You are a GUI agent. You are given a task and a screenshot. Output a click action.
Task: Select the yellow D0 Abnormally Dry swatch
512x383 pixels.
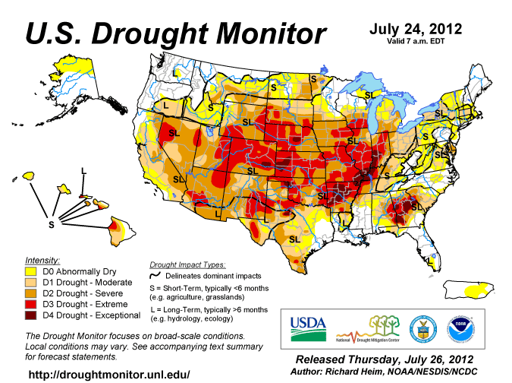(x=32, y=271)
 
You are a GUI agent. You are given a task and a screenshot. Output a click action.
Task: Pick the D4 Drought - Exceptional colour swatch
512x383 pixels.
(x=32, y=315)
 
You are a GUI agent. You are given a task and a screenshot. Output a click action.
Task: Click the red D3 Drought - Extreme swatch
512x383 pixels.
(x=32, y=304)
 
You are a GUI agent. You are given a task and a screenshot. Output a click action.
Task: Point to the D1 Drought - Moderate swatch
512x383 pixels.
(x=32, y=282)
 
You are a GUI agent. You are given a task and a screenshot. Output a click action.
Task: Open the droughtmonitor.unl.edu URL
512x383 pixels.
(x=109, y=375)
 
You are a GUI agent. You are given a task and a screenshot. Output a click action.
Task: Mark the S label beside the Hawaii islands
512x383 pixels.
(x=51, y=225)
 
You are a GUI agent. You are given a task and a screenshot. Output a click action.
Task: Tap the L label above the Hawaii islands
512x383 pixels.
(x=83, y=169)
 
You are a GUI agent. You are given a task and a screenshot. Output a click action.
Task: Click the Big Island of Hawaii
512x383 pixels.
(x=115, y=226)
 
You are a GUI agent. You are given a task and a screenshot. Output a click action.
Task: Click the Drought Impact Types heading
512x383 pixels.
(x=187, y=264)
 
